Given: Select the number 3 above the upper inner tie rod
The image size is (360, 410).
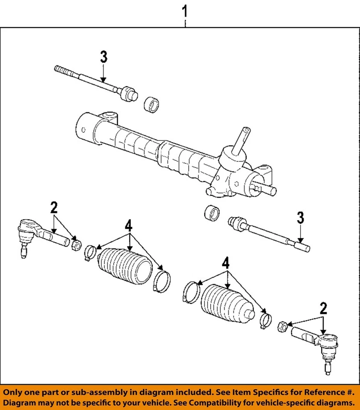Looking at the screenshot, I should pos(103,57).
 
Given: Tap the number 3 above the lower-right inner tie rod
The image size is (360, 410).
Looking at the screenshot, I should pos(301,218).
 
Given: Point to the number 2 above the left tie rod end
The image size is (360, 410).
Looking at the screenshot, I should pos(53,208).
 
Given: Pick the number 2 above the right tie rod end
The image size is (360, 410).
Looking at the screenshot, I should pos(324,308).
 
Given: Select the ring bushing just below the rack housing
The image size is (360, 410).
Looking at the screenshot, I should pos(212,213).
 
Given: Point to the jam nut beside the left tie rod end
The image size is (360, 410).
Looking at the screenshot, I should pos(76,246).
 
